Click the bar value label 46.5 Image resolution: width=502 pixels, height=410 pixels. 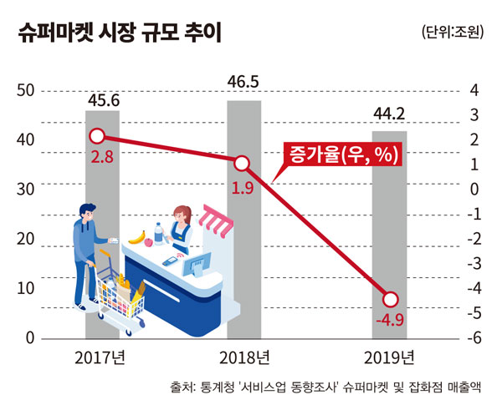click(244, 83)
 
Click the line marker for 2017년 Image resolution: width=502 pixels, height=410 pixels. click(97, 136)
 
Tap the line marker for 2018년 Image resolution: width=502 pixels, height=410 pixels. click(242, 163)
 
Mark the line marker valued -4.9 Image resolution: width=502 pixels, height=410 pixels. click(390, 299)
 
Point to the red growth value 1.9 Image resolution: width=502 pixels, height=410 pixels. click(243, 185)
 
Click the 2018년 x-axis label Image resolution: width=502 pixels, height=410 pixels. click(244, 359)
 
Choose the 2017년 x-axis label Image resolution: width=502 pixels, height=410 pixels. click(100, 359)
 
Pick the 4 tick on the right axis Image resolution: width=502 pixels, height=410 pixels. click(473, 90)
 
